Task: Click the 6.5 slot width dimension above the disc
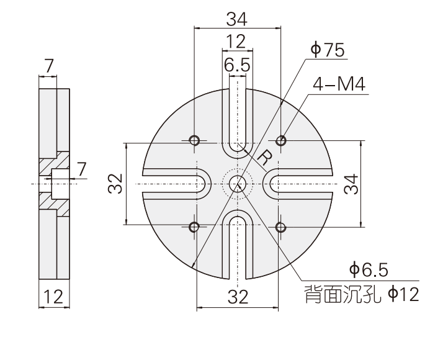coord(237,65)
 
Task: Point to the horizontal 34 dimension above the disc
coord(237,19)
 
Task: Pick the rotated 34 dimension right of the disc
coord(352,184)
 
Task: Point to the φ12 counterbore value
coord(403,292)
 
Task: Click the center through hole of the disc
coord(237,184)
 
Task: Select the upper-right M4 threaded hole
coord(282,139)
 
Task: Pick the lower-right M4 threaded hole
coord(282,227)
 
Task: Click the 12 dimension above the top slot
coord(236,42)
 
